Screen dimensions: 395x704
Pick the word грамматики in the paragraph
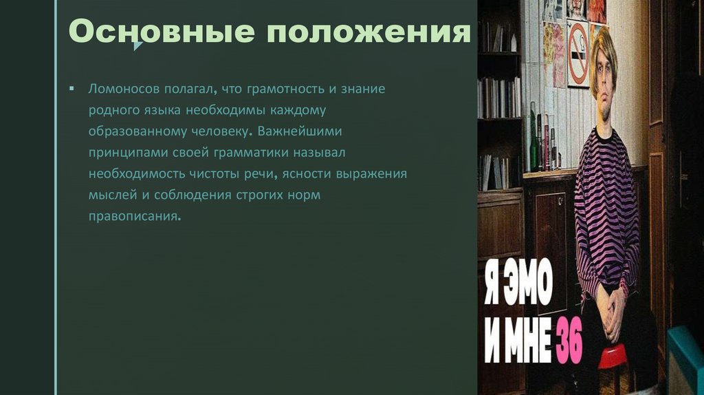(256, 152)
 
